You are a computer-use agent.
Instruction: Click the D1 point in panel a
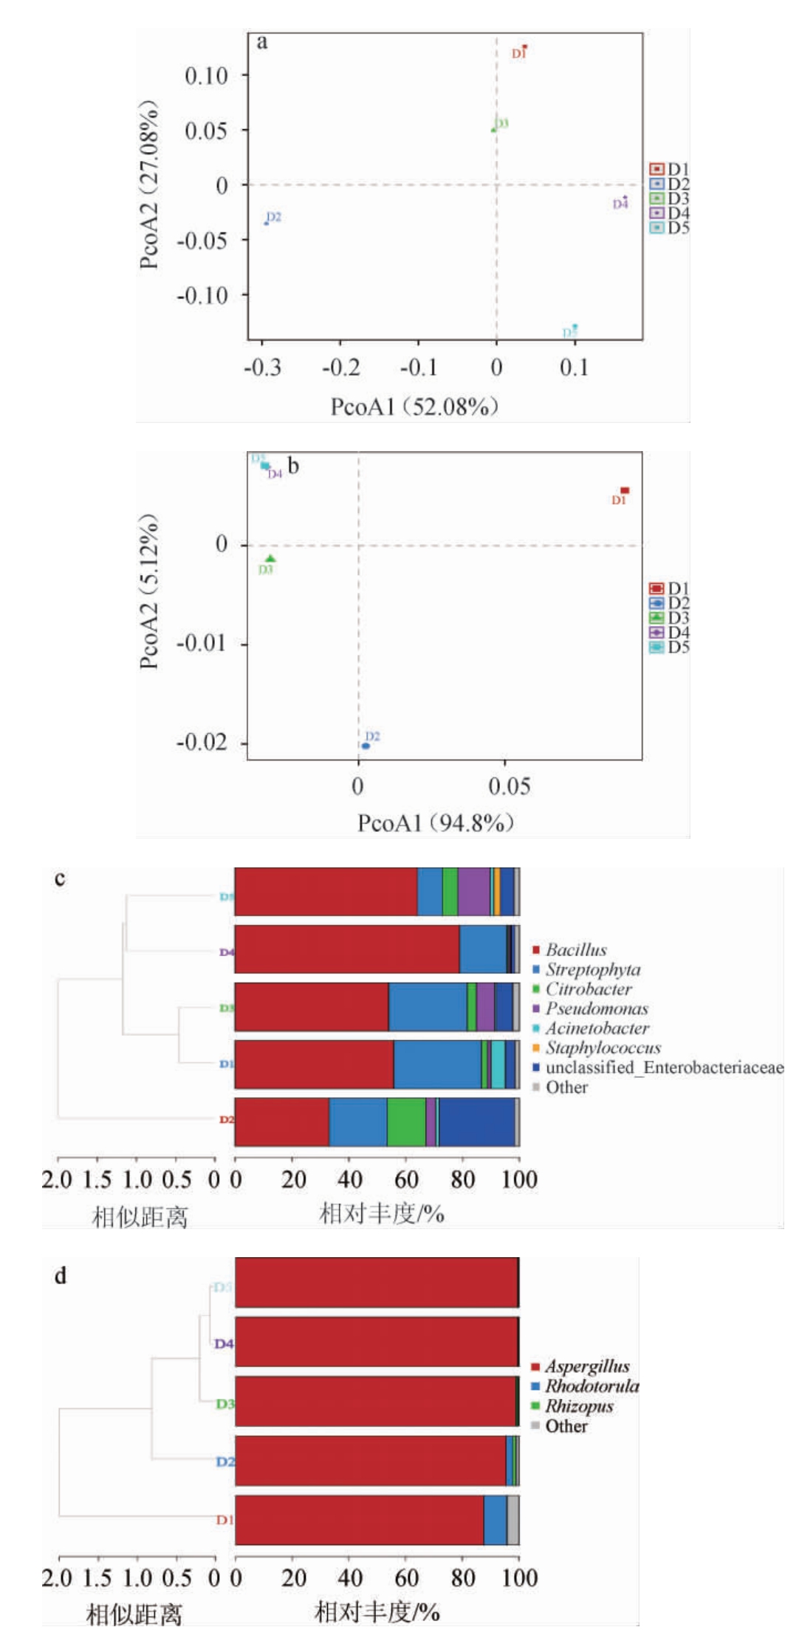[524, 47]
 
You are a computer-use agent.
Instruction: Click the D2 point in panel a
[266, 223]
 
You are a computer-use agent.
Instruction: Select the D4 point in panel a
[625, 198]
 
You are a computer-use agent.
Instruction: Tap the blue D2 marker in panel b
[366, 746]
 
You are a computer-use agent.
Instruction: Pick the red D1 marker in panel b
[625, 490]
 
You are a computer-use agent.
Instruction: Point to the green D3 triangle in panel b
[270, 559]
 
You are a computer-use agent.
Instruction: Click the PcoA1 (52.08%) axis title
[414, 407]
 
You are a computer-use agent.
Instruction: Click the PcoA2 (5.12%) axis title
[150, 591]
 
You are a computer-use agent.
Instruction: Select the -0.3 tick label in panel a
[263, 368]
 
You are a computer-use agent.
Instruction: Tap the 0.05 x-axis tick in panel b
[509, 786]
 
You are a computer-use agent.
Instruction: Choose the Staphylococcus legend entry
[603, 1048]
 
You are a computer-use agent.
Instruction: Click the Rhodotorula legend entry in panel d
[592, 1386]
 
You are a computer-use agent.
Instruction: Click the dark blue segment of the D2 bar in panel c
[476, 1122]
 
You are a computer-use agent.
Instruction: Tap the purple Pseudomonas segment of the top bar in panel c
[473, 892]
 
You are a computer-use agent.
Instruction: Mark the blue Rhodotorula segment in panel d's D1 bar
[495, 1519]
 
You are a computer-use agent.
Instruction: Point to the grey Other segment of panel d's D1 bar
[513, 1519]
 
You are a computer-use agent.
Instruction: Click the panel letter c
[60, 878]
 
